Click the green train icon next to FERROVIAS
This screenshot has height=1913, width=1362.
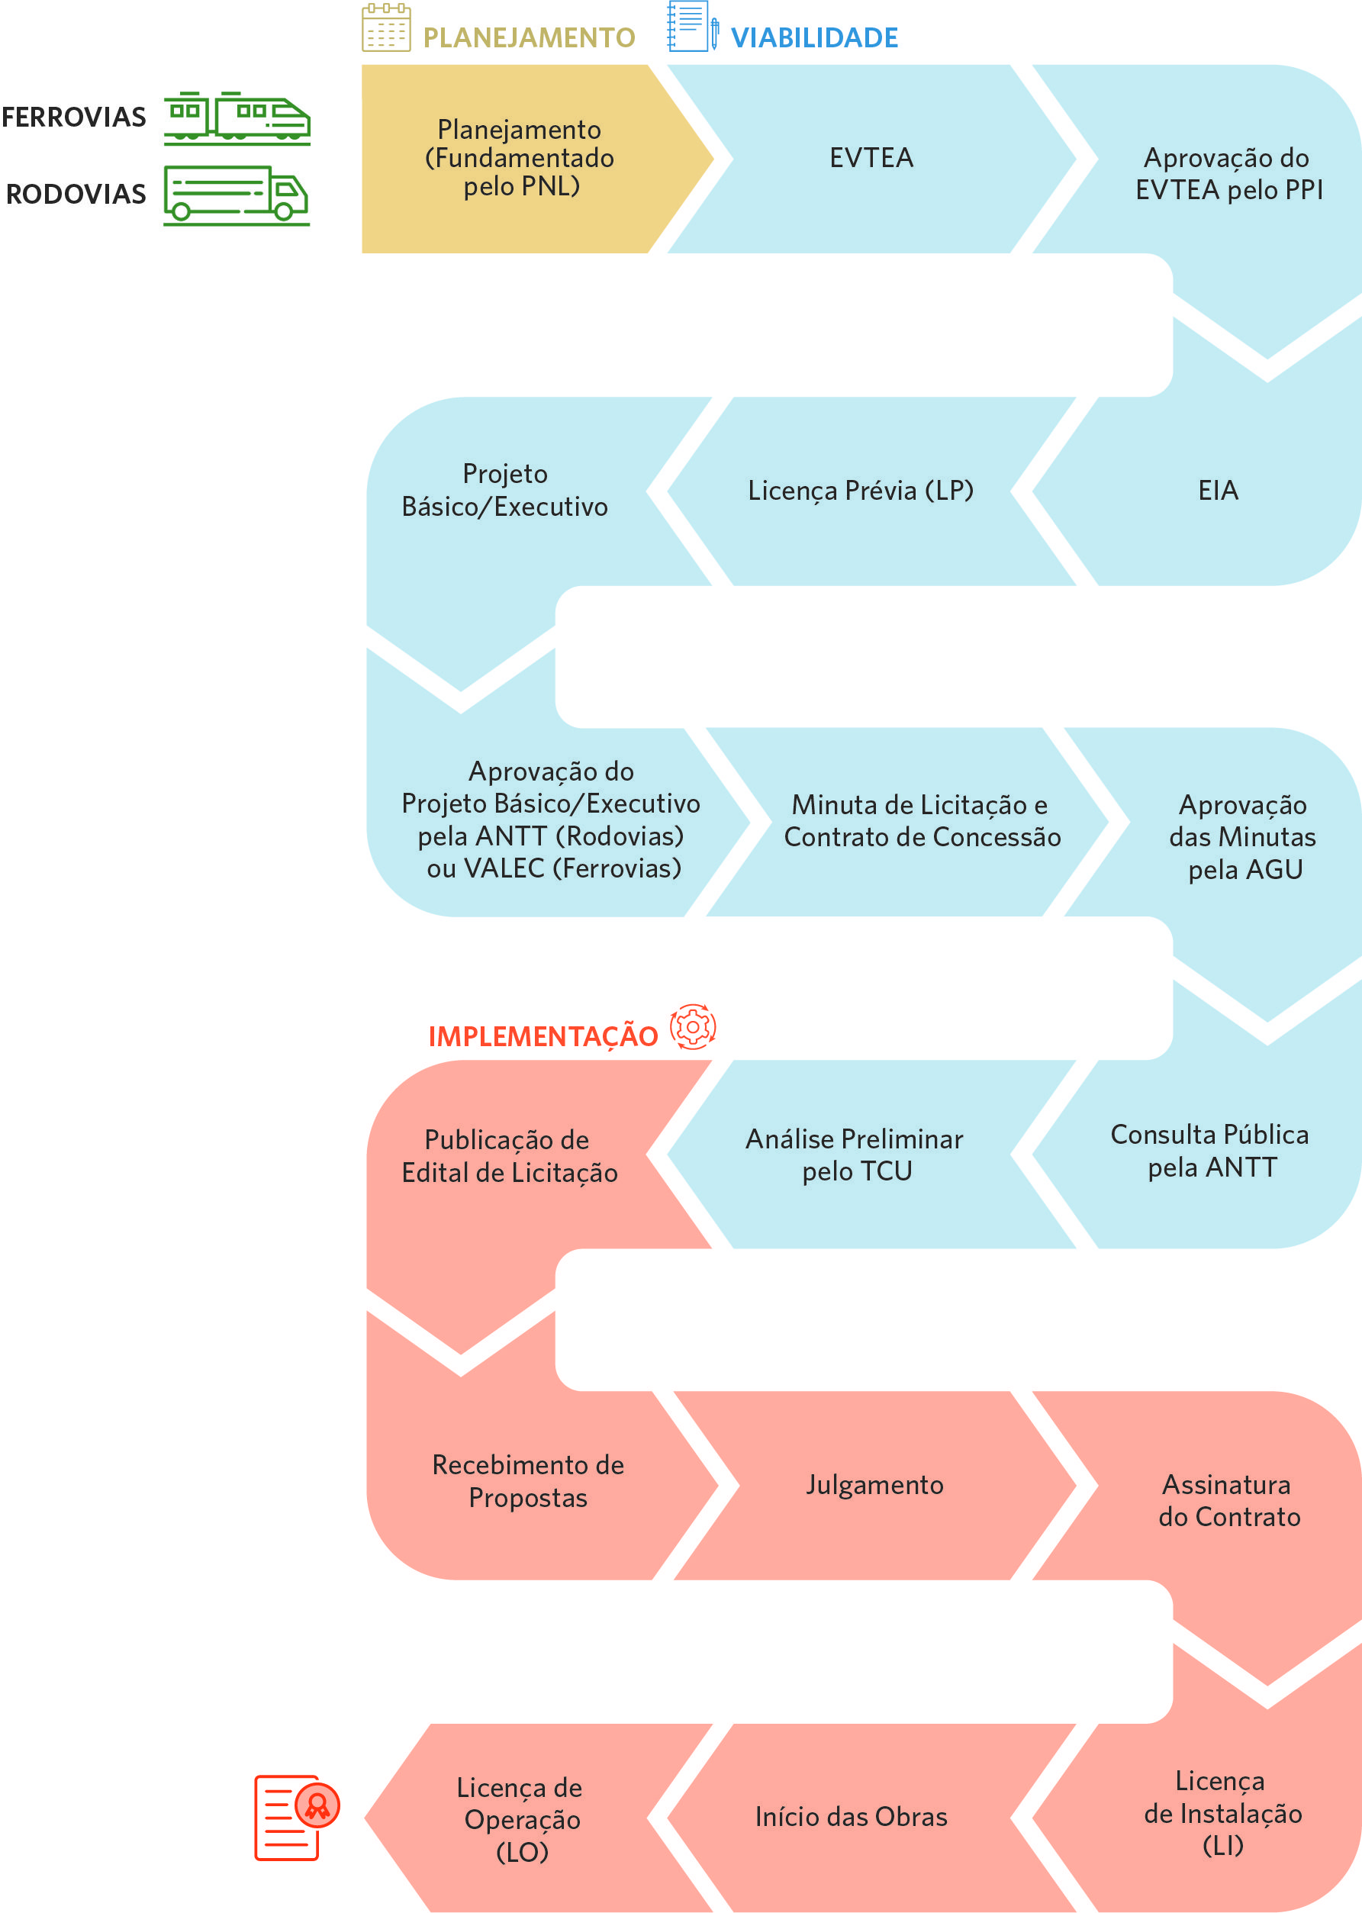click(237, 118)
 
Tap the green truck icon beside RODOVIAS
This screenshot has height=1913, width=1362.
click(237, 195)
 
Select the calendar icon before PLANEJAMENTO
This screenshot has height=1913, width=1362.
click(387, 27)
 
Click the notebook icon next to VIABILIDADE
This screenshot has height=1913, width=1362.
click(693, 27)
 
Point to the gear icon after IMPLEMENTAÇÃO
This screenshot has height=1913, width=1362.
click(693, 1026)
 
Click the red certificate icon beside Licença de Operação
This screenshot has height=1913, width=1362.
click(297, 1818)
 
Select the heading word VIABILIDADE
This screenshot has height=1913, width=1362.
click(814, 37)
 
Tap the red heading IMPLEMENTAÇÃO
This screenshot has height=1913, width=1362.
click(543, 1036)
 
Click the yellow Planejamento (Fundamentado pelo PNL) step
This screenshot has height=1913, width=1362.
click(520, 158)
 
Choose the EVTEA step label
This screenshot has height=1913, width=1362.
click(871, 158)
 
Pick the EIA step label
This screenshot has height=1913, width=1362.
click(1218, 490)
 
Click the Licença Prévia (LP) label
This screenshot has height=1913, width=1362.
click(861, 490)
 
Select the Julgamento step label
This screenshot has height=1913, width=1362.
click(874, 1485)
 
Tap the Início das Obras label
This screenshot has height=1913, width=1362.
click(852, 1817)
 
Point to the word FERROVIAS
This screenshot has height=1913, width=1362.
click(74, 118)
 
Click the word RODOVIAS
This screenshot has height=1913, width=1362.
click(76, 195)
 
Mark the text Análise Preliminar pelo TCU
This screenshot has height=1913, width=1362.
click(855, 1155)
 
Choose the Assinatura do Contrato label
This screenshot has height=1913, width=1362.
click(1228, 1500)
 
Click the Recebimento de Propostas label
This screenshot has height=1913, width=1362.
click(528, 1481)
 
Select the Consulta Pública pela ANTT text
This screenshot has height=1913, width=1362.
click(1210, 1151)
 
